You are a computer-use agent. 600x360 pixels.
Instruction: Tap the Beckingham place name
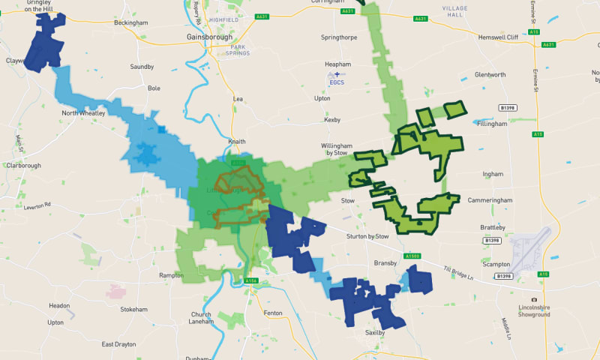pos(130,23)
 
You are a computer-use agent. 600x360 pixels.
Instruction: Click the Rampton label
pos(172,275)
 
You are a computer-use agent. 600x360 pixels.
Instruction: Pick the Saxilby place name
pos(374,331)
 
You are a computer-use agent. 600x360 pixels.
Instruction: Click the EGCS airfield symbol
pos(337,74)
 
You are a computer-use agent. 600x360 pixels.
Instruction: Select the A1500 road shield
pos(412,256)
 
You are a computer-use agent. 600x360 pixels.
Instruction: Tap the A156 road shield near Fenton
pos(251,281)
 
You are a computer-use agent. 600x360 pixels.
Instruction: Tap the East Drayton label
pos(119,344)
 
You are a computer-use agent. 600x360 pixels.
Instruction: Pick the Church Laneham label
pos(202,318)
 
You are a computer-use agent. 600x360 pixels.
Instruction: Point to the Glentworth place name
pos(490,75)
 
